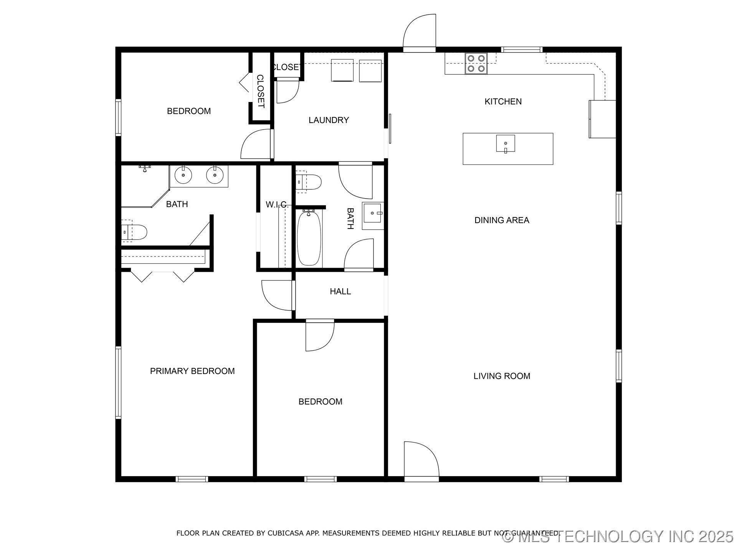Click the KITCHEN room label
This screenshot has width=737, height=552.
503,102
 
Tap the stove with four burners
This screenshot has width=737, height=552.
476,64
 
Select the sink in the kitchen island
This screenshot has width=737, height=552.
505,143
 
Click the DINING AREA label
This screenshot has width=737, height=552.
502,220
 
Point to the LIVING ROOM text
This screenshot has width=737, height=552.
502,376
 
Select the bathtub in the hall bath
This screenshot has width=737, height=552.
309,238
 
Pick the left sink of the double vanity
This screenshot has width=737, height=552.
183,175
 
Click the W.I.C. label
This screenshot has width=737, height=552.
277,205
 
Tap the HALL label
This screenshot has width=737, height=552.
340,291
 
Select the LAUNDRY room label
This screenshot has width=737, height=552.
329,120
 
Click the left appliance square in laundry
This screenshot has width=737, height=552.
342,70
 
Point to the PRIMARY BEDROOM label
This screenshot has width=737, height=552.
192,371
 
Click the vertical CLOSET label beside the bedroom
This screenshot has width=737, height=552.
260,91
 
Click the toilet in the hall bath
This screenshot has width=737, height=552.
309,182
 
